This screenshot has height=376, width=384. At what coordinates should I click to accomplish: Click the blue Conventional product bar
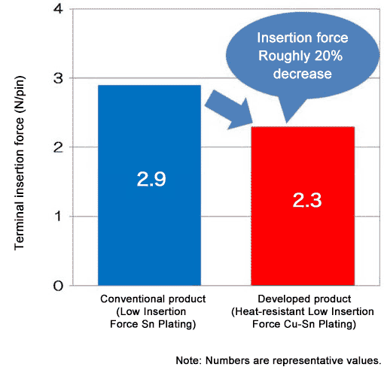click(150, 226)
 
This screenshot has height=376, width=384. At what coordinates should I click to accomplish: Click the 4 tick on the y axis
click(58, 10)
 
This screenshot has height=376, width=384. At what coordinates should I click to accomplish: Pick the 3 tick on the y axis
click(58, 78)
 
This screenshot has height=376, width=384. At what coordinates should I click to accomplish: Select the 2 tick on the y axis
click(58, 147)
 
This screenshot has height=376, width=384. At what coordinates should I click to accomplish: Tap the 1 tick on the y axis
click(58, 217)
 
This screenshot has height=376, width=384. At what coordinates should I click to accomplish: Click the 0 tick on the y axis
click(58, 286)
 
